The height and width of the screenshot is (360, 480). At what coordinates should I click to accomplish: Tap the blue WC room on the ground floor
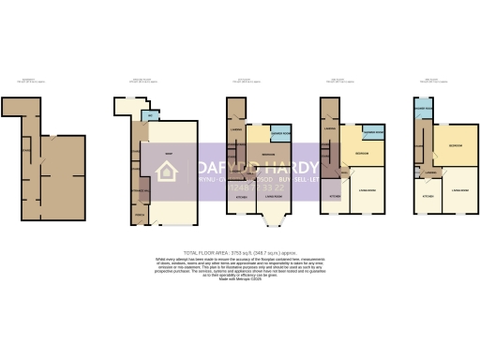click(x=150, y=115)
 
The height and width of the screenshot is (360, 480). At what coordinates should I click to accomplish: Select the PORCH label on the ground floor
click(x=141, y=216)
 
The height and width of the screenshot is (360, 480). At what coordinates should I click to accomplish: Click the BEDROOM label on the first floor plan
click(x=267, y=154)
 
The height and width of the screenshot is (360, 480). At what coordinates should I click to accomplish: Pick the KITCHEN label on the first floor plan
click(x=240, y=197)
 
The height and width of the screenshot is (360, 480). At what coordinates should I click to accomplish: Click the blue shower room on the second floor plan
click(x=373, y=131)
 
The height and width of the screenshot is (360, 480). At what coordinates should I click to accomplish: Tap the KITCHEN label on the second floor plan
click(x=335, y=197)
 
